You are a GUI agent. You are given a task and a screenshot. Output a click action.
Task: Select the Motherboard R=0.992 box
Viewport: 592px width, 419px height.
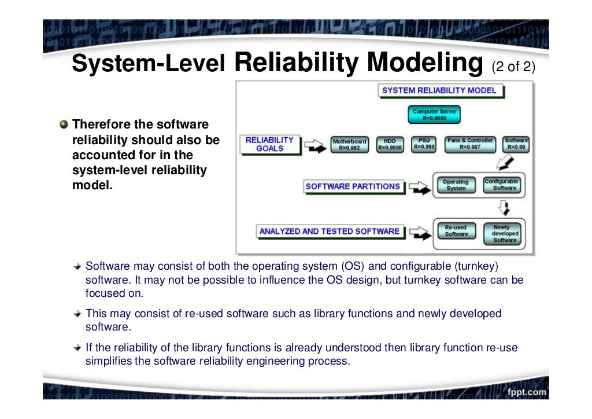pos(349,145)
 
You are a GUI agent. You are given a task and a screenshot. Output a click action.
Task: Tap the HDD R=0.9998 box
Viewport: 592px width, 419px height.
pos(390,144)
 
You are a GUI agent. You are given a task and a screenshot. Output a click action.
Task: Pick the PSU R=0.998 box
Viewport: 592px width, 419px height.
pos(424,144)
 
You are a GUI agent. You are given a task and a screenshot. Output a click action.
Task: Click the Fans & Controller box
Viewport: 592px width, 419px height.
pos(470,144)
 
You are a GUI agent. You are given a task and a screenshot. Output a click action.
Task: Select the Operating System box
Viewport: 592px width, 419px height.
pos(455,185)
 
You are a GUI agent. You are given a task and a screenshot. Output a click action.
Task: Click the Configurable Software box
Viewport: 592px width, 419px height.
pos(501,185)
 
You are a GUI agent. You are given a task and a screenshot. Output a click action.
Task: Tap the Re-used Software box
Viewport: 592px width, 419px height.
pos(456,231)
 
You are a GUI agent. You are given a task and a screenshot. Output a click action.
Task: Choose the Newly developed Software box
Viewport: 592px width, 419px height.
pos(505,234)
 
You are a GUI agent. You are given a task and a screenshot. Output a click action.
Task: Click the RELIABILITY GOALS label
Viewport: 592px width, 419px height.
pos(269,144)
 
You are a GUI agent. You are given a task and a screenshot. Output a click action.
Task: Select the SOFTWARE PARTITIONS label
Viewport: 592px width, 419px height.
pos(353,186)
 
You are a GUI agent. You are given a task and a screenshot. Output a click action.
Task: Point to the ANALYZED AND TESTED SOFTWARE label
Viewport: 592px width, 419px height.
pos(329,231)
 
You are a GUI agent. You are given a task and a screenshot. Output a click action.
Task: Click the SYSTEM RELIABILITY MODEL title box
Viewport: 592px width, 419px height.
pos(439,90)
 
